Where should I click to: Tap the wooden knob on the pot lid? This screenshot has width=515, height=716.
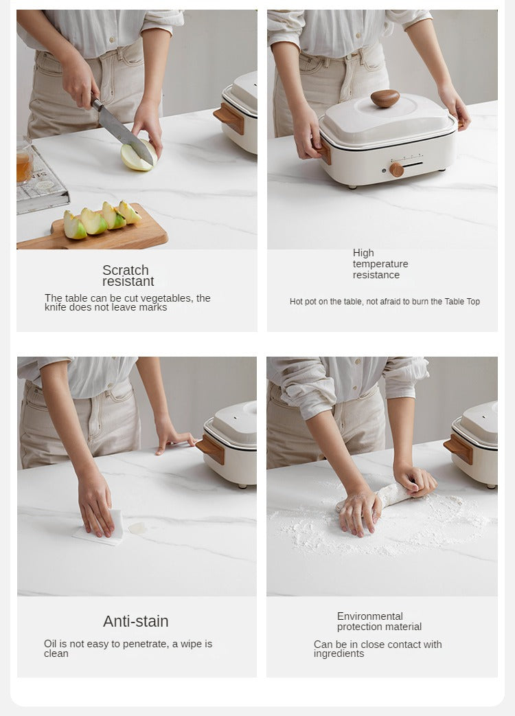tap(385, 98)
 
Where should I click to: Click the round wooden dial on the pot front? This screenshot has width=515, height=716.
tap(396, 170)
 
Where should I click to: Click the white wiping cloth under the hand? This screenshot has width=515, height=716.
tap(101, 529)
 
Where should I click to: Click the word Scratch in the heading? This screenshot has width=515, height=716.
tap(126, 270)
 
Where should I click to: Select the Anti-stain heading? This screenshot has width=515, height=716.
tap(136, 621)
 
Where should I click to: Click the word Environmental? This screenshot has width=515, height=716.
tap(370, 616)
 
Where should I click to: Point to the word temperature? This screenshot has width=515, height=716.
tap(380, 264)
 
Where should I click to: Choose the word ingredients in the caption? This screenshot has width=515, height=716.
tap(339, 654)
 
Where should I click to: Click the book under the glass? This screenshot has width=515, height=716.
tap(42, 183)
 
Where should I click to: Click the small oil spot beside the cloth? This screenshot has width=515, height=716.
tap(137, 528)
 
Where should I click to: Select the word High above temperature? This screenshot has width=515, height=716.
tap(363, 253)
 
